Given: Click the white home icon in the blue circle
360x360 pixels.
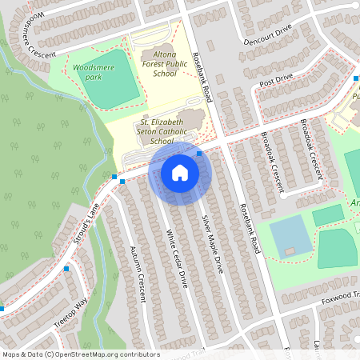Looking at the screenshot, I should click(179, 172).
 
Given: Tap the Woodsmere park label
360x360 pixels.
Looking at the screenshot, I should click(89, 69).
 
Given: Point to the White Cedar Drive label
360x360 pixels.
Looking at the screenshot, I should click(177, 258).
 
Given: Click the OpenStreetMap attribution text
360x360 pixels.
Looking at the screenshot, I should click(80, 354).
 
